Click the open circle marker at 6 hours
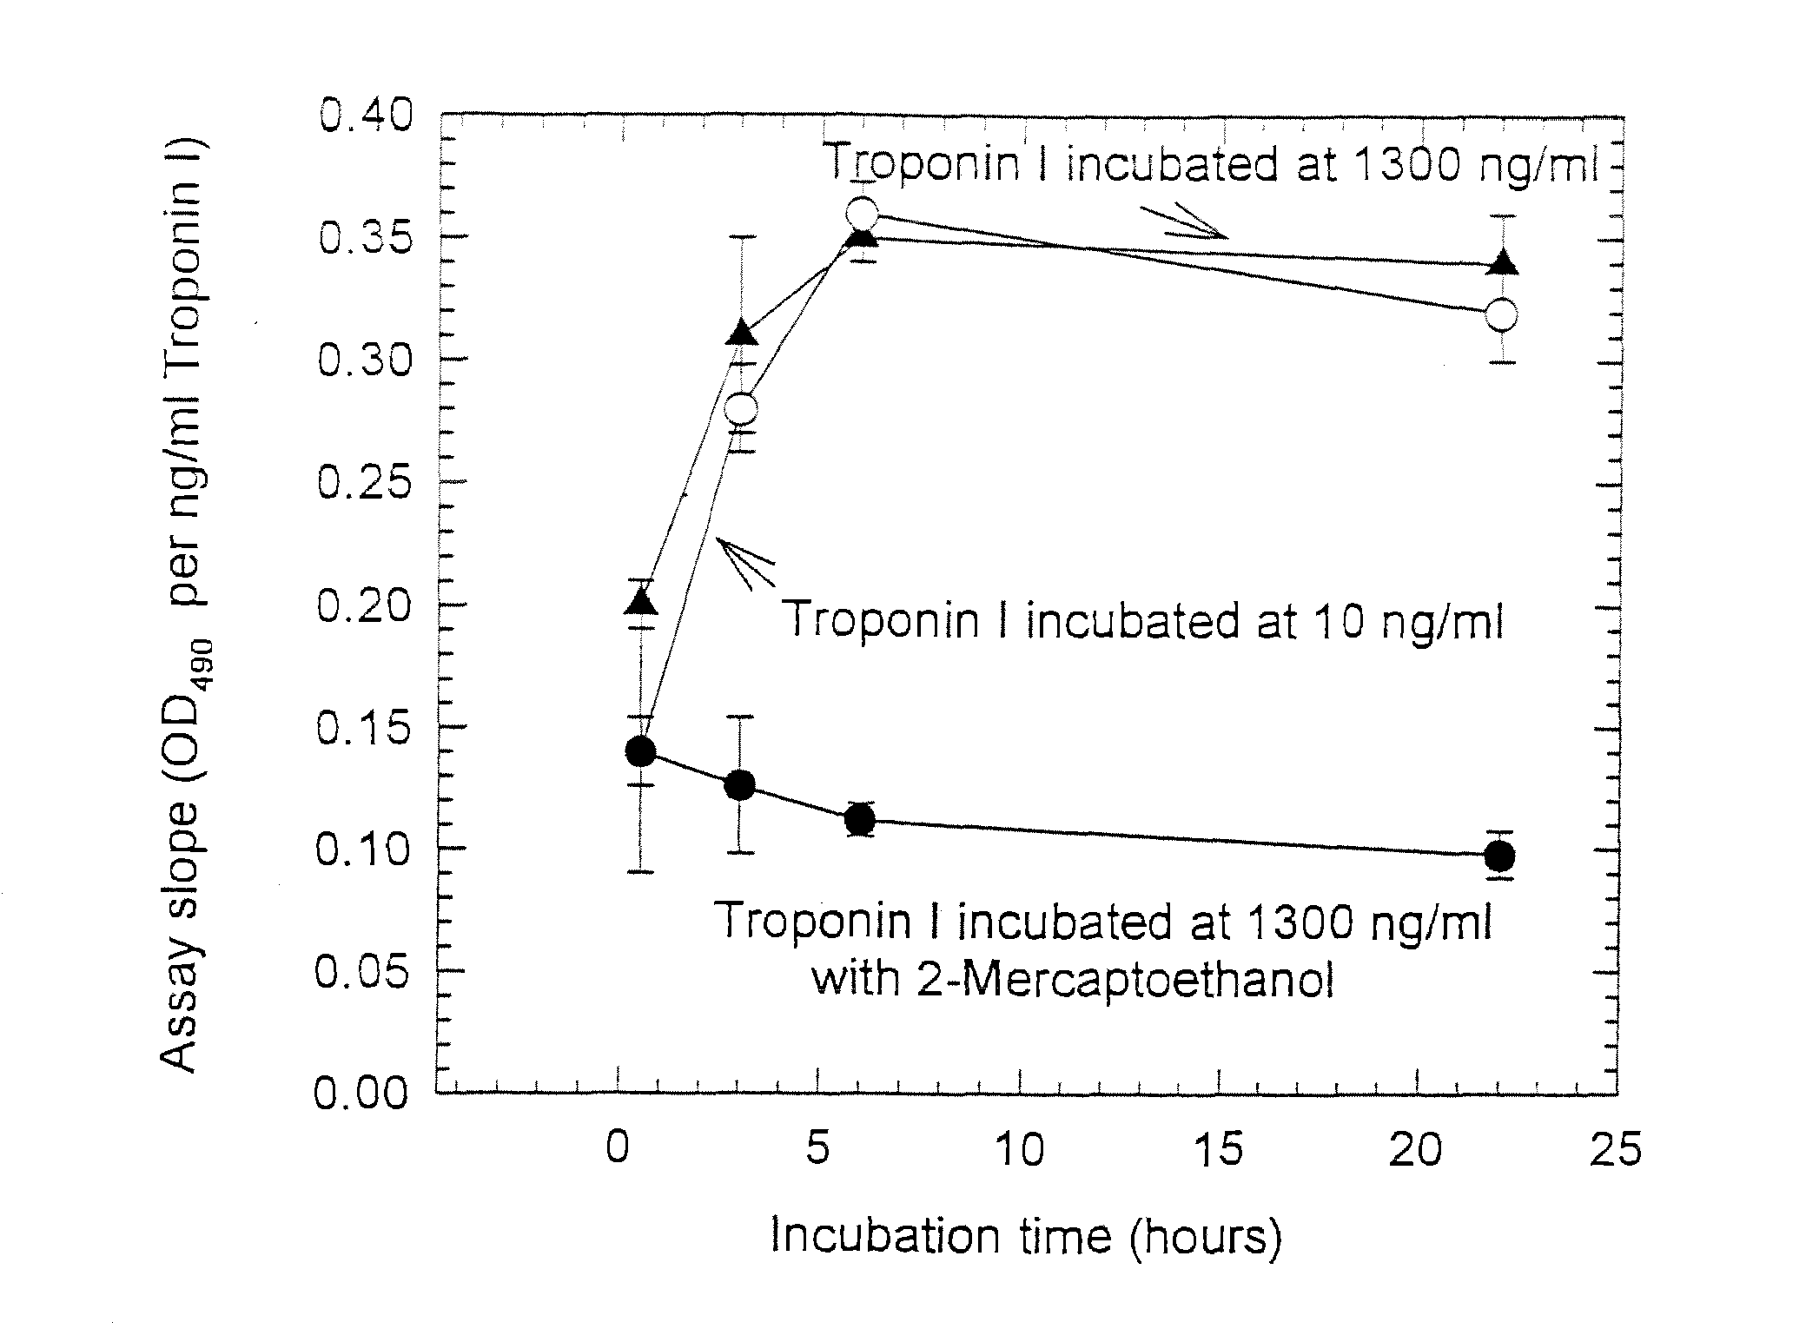click(x=861, y=214)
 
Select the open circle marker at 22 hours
click(x=1501, y=314)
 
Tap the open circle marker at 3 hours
click(x=740, y=408)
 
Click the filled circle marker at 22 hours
click(x=1500, y=856)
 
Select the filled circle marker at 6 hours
click(x=860, y=819)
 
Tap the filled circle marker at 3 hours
click(x=740, y=785)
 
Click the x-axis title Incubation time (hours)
click(x=1025, y=1237)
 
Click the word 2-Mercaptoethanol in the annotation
click(x=1072, y=979)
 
